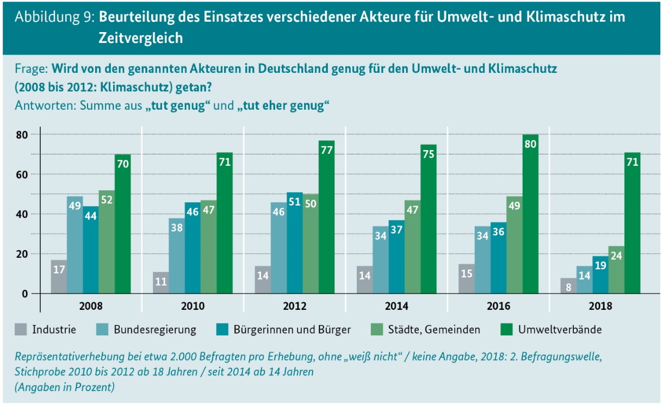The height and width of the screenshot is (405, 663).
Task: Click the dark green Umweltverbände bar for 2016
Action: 530,217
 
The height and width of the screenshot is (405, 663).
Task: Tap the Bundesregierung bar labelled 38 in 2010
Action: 177,256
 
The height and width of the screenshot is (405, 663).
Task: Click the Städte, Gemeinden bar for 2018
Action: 616,270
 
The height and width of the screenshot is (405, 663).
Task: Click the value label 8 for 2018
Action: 568,286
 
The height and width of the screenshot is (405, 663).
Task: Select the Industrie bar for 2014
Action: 365,279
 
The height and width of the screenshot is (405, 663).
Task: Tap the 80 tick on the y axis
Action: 21,134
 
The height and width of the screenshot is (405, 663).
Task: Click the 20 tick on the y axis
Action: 21,254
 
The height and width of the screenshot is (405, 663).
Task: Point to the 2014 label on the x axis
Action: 397,306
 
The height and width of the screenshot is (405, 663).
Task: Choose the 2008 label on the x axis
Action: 91,306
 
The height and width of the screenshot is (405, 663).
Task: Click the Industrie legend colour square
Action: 21,329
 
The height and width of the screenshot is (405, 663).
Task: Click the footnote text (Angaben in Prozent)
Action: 65,387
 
